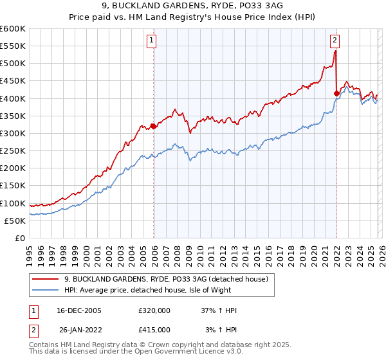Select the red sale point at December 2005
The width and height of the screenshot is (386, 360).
(153, 126)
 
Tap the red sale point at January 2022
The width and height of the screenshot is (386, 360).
(336, 93)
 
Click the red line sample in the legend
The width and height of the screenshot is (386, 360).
(45, 278)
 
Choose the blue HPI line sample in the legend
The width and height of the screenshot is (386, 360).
(45, 290)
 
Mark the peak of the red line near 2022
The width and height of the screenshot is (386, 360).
(335, 51)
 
